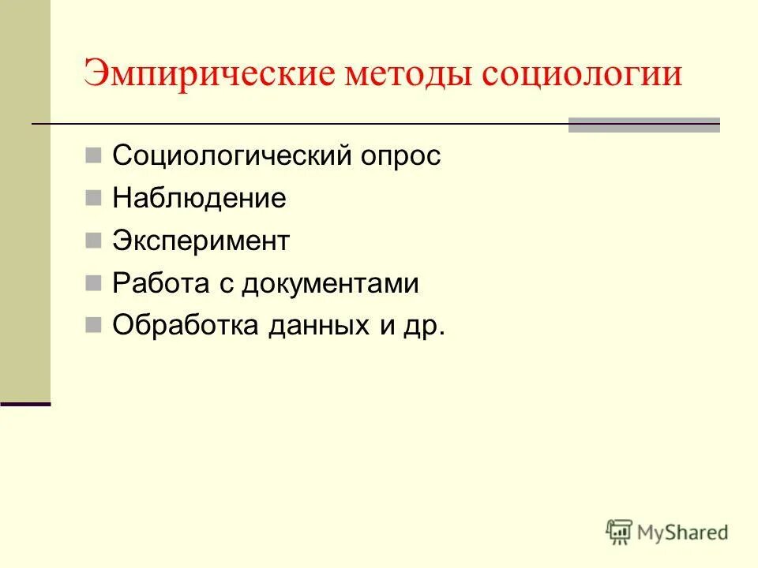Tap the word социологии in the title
click(582, 75)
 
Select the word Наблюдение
click(199, 198)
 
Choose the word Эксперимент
click(201, 241)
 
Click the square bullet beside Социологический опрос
click(93, 155)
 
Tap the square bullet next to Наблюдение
click(93, 197)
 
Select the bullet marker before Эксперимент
click(93, 240)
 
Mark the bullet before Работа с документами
click(93, 282)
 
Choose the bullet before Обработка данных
click(93, 325)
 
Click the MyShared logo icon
click(620, 532)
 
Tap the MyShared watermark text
click(684, 532)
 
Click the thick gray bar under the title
click(644, 125)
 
